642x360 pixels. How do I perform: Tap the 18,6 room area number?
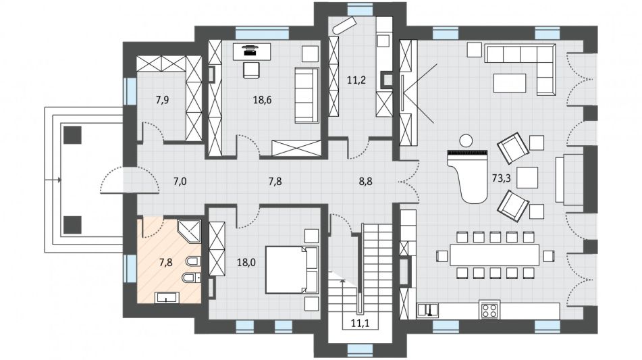(x=262, y=99)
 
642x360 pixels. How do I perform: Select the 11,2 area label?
(x=356, y=80)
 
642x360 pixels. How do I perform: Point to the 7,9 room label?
(x=163, y=99)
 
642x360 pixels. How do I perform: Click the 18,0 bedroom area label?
(x=246, y=262)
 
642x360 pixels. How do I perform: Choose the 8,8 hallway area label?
(x=366, y=181)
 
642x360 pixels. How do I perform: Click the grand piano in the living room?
(x=469, y=176)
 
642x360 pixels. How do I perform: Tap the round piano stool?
(x=466, y=140)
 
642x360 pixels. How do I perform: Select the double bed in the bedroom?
(x=292, y=269)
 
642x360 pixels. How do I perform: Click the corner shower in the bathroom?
(x=190, y=231)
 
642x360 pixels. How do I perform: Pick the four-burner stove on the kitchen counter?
(x=489, y=310)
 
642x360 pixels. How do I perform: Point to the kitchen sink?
(x=427, y=310)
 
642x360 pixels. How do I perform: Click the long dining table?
(x=495, y=255)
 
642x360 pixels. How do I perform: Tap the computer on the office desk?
(x=249, y=50)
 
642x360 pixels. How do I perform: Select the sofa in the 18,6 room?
(x=306, y=95)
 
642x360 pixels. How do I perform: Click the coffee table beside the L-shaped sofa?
(x=509, y=83)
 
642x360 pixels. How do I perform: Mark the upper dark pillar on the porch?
(x=72, y=134)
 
